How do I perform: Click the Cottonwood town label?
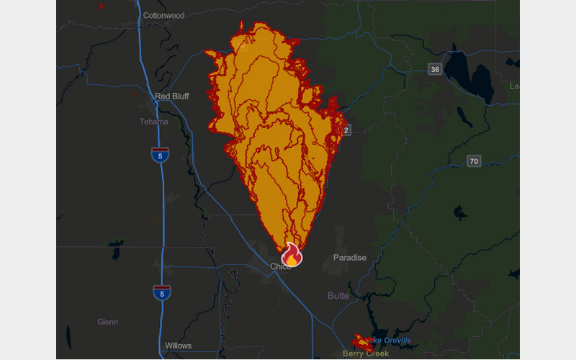[163, 15]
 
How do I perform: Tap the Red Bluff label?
[172, 96]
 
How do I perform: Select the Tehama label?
[154, 122]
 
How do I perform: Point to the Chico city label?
[279, 266]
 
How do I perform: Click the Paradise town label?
[350, 258]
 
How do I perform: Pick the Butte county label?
[338, 296]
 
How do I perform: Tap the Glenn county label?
[108, 322]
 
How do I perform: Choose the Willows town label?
[178, 346]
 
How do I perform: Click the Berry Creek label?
[366, 354]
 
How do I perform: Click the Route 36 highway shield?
[435, 69]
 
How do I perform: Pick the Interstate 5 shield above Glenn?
[162, 292]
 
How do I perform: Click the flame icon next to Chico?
[291, 254]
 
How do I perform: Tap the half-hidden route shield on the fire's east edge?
[347, 130]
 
